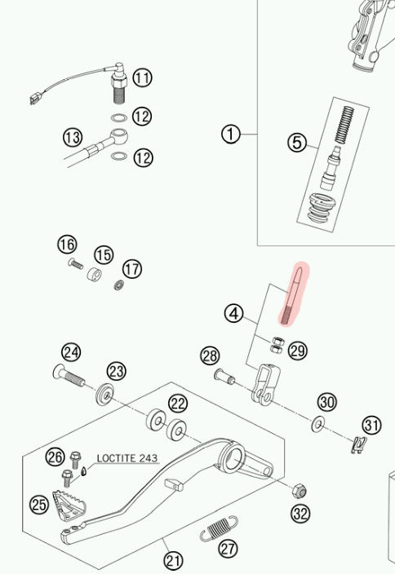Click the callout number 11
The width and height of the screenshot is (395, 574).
142,77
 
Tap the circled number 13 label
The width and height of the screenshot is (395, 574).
73,137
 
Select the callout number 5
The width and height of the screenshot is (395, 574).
296,143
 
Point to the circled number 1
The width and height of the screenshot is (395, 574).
231,135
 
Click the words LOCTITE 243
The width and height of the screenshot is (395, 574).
127,458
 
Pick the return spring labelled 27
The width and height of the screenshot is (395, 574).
219,528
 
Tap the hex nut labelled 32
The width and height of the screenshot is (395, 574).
299,491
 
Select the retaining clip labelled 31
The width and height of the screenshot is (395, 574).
359,445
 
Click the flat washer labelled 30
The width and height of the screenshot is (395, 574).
317,424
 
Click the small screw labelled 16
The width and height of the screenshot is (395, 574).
75,263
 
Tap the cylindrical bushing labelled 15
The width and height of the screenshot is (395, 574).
95,274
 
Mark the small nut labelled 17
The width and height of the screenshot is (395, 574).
118,285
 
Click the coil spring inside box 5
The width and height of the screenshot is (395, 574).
343,126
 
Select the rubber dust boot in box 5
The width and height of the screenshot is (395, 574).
321,207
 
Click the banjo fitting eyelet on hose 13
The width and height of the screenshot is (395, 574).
119,136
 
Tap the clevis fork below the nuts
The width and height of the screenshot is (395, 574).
266,384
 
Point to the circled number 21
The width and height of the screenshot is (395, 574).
173,560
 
